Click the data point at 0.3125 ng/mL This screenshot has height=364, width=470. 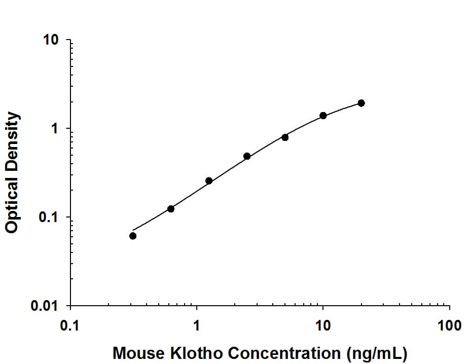[133, 236]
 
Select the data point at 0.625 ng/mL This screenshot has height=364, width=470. [171, 209]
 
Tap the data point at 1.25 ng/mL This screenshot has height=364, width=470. [209, 181]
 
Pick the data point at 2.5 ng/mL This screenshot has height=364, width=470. [247, 156]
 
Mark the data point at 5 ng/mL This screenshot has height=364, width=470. [285, 137]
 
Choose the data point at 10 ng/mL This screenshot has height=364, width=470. [323, 116]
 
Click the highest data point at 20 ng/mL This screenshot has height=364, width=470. [361, 103]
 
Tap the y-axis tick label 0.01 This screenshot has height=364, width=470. [47, 306]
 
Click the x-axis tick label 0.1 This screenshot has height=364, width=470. [70, 325]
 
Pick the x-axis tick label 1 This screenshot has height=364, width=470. [197, 325]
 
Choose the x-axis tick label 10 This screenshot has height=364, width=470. [323, 325]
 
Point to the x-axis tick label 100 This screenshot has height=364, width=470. [449, 325]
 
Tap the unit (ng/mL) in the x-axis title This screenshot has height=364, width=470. [373, 353]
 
